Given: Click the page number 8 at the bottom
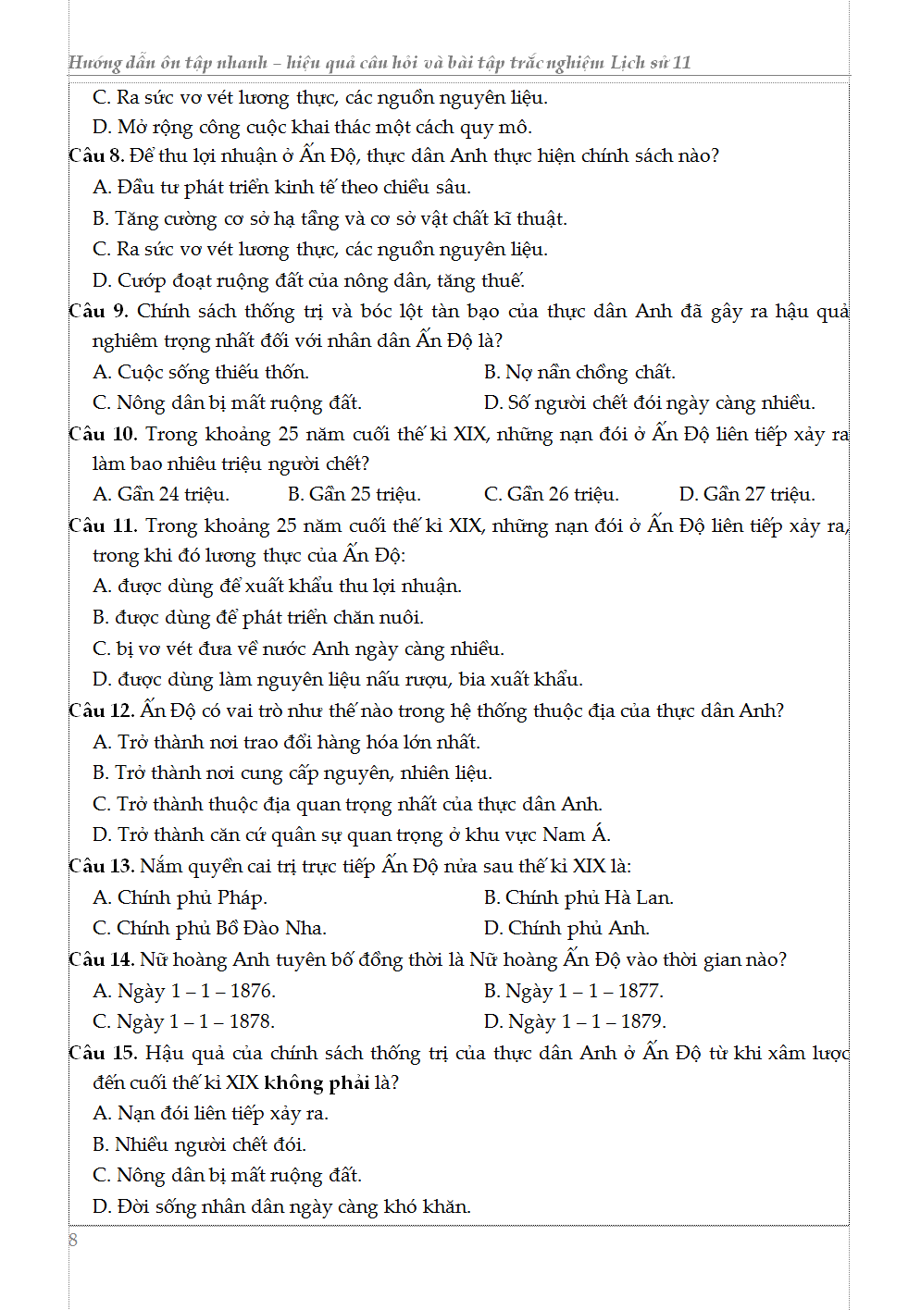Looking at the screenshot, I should [x=73, y=1240].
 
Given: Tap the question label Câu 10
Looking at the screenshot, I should [x=102, y=434].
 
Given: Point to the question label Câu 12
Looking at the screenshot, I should [x=101, y=711].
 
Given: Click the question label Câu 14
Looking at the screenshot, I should [x=101, y=959].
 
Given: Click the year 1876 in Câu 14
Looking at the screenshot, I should [x=252, y=991].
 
